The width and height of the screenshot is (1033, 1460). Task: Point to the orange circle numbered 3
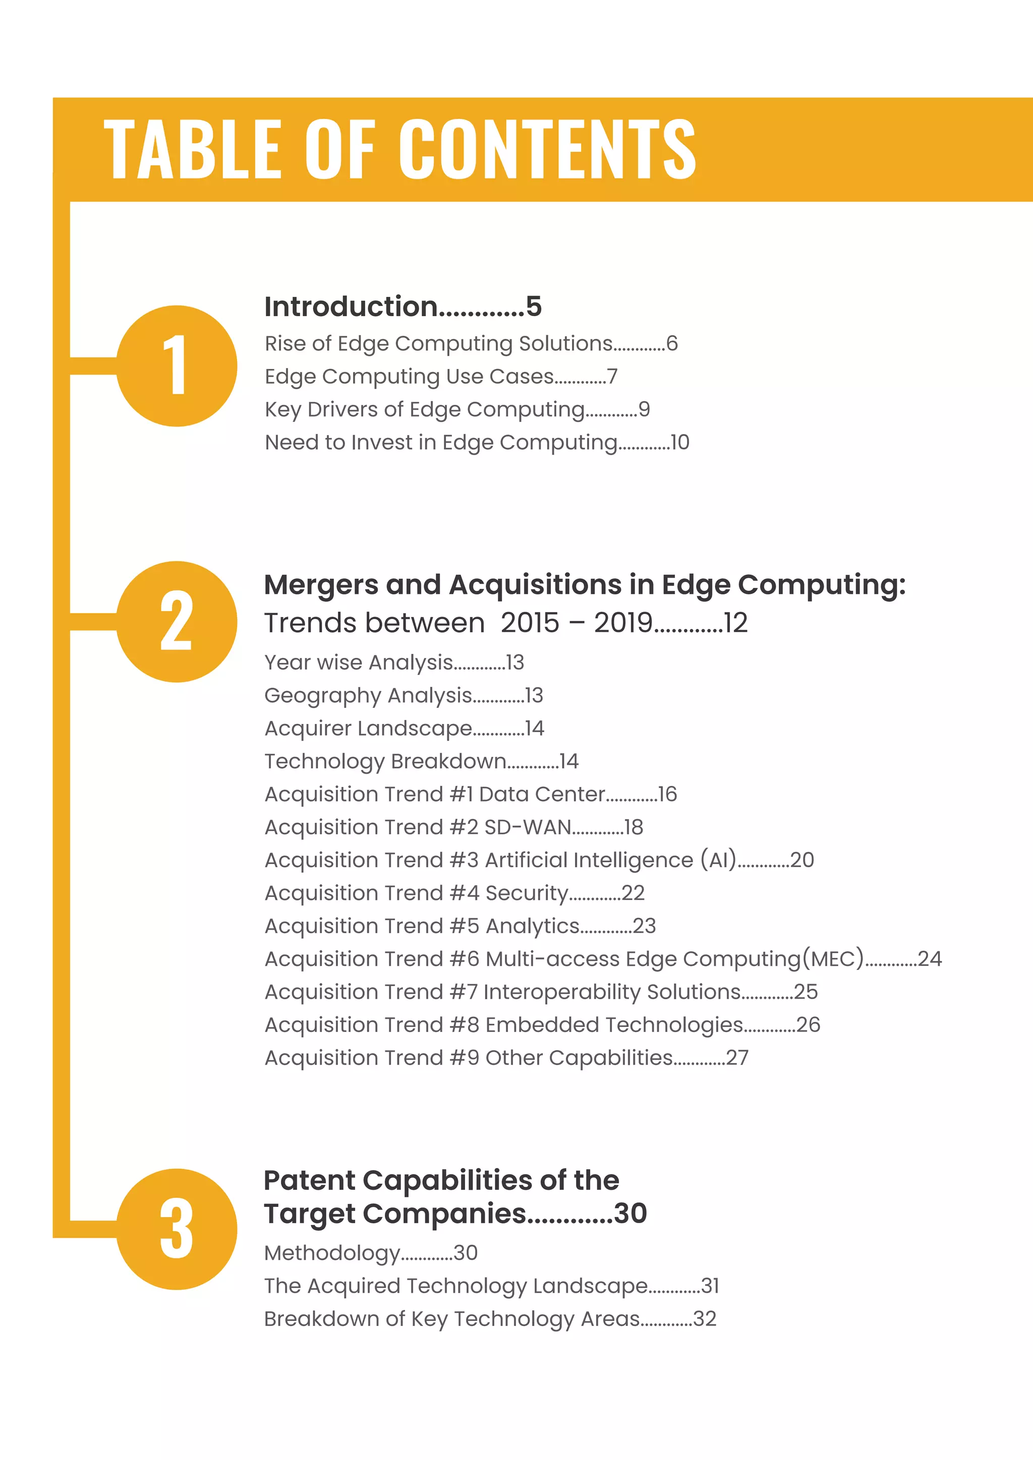pyautogui.click(x=177, y=1229)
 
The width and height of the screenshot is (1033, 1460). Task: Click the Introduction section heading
pyautogui.click(x=351, y=307)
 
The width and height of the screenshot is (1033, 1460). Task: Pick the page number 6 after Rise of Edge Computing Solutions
pyautogui.click(x=672, y=343)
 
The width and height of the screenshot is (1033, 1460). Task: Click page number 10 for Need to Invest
pyautogui.click(x=680, y=443)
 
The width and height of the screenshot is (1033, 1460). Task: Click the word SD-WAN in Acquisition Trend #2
pyautogui.click(x=527, y=827)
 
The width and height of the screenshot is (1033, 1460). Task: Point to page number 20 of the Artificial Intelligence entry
pyautogui.click(x=802, y=861)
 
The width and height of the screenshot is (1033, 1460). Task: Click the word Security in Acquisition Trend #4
pyautogui.click(x=527, y=893)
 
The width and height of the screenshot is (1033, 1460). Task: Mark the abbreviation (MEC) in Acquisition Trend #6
pyautogui.click(x=833, y=959)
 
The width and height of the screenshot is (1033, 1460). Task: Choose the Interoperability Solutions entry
pyautogui.click(x=612, y=992)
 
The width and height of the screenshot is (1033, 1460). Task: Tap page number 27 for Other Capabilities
pyautogui.click(x=737, y=1058)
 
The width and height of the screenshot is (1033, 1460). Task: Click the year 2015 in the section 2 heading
pyautogui.click(x=530, y=623)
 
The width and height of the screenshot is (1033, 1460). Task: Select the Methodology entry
pyautogui.click(x=332, y=1253)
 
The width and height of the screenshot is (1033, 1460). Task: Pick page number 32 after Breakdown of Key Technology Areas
pyautogui.click(x=705, y=1319)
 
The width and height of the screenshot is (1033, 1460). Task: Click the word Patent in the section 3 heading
pyautogui.click(x=309, y=1181)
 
